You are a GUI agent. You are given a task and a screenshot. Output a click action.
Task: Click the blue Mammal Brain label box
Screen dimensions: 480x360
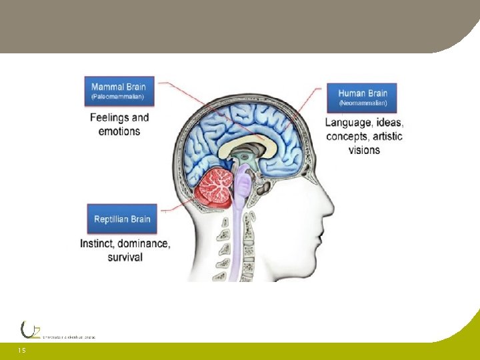pyautogui.click(x=118, y=91)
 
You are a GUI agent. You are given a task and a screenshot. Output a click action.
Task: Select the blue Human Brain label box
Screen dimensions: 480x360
pyautogui.click(x=363, y=97)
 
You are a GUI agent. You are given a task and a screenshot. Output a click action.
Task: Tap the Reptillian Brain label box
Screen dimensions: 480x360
pyautogui.click(x=122, y=219)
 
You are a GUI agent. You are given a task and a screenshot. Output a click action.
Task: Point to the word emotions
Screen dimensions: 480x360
pyautogui.click(x=119, y=131)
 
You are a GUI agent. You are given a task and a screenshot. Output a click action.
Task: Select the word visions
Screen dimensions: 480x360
pyautogui.click(x=364, y=150)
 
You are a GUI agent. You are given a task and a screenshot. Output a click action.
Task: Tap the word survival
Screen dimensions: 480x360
pyautogui.click(x=125, y=257)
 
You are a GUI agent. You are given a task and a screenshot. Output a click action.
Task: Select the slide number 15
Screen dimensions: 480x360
pyautogui.click(x=22, y=350)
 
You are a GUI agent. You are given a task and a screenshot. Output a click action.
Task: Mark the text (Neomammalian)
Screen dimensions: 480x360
pyautogui.click(x=363, y=104)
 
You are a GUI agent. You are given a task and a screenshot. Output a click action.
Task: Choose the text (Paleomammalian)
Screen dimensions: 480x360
pyautogui.click(x=117, y=97)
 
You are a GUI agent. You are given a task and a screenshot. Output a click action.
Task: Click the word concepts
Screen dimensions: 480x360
pyautogui.click(x=346, y=137)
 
